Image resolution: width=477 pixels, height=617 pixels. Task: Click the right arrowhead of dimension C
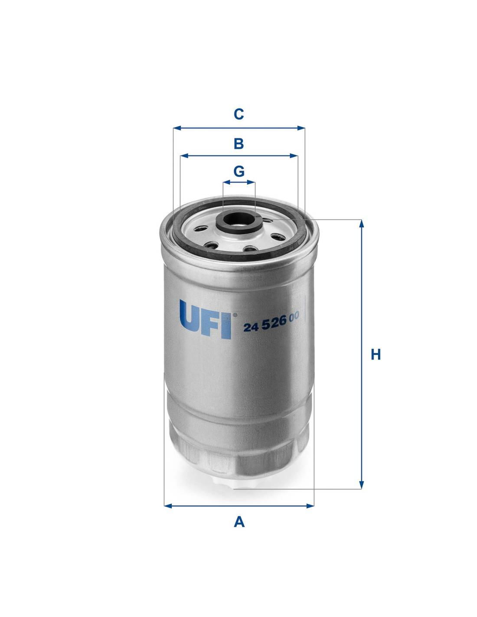(301, 128)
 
